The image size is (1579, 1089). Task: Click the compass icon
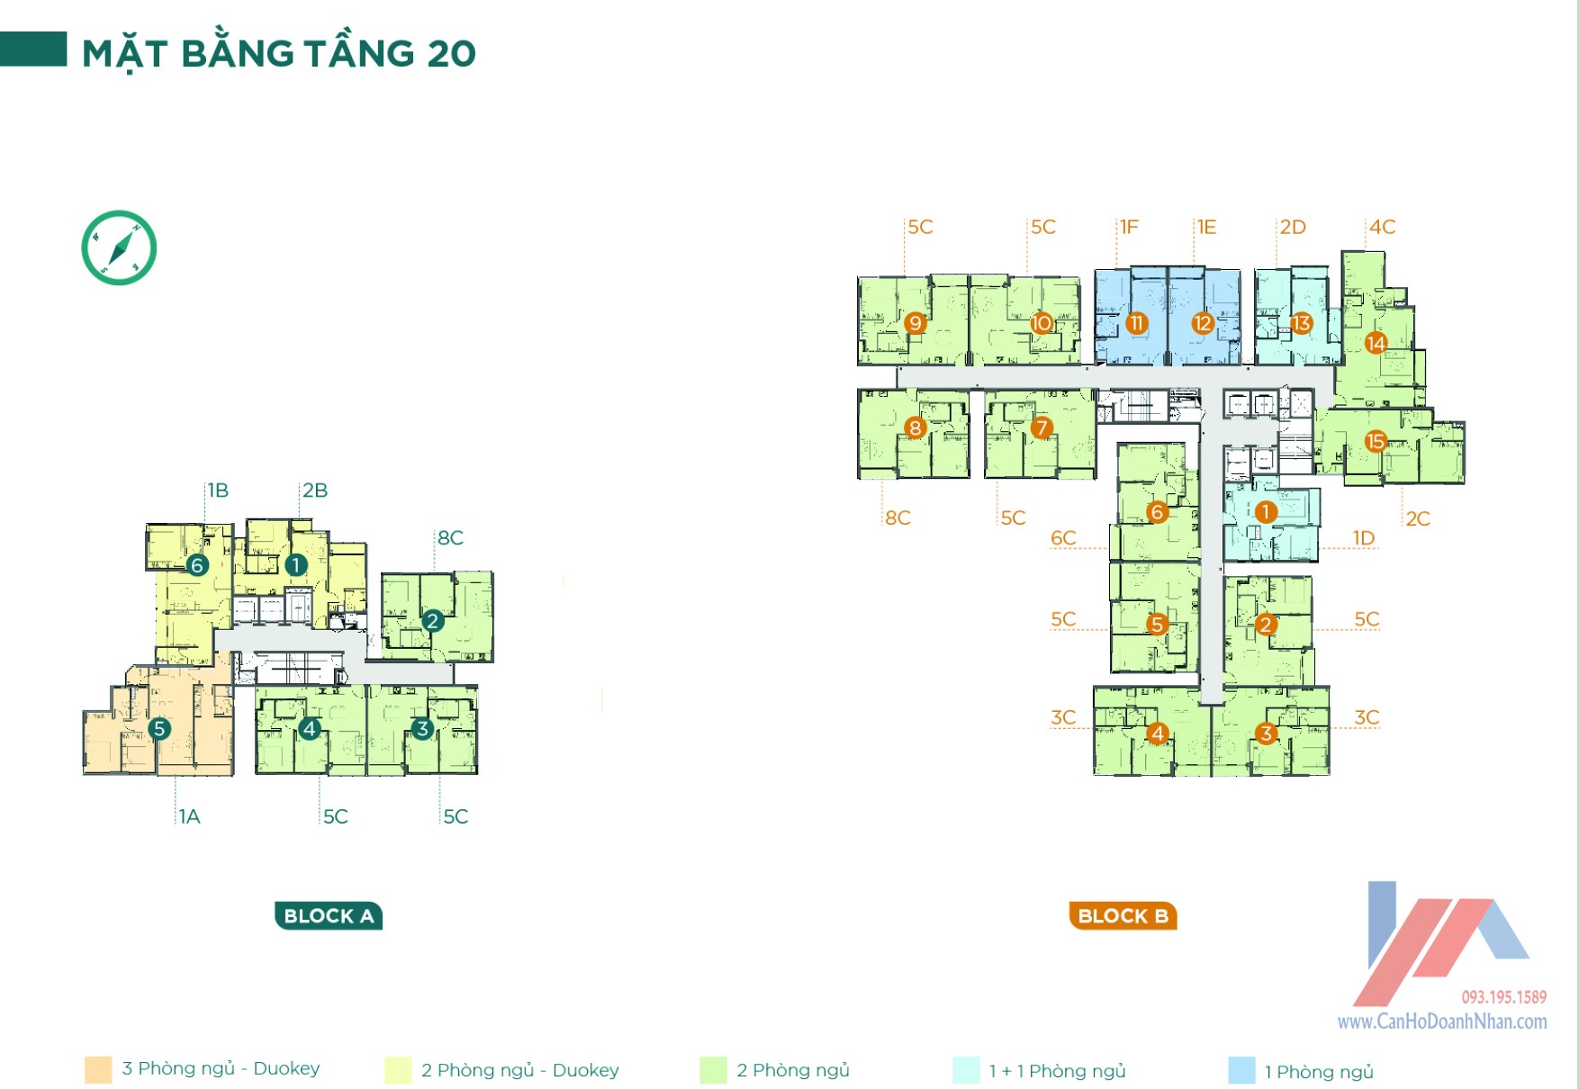pos(119,247)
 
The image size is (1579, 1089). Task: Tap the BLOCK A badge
pos(329,915)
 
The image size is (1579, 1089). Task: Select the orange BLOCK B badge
pos(1123,915)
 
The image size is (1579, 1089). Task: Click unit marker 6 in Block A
pos(197,565)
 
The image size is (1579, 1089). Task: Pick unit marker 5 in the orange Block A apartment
pos(159,728)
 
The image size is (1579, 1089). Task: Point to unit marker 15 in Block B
pos(1376,441)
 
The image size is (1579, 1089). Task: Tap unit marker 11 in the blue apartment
pos(1136,323)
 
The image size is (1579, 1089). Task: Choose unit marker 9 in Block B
pos(916,323)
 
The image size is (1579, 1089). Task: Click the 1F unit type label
pos(1129,227)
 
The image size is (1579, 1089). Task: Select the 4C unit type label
pos(1382,227)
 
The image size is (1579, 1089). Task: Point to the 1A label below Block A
pos(189,816)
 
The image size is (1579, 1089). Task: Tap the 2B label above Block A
pos(314,490)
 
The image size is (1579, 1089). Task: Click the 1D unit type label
pos(1364,538)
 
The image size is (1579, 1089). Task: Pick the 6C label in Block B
pos(1063,538)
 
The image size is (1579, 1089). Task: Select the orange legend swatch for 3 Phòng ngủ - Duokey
pos(98,1069)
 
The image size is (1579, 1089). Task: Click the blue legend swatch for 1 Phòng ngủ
pos(1241,1070)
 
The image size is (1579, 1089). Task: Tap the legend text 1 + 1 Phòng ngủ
pos(1057,1071)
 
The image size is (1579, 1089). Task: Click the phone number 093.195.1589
pos(1503,997)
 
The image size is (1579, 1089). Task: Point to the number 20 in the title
pos(451,54)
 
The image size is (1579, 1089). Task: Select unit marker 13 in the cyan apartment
pos(1301,323)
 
